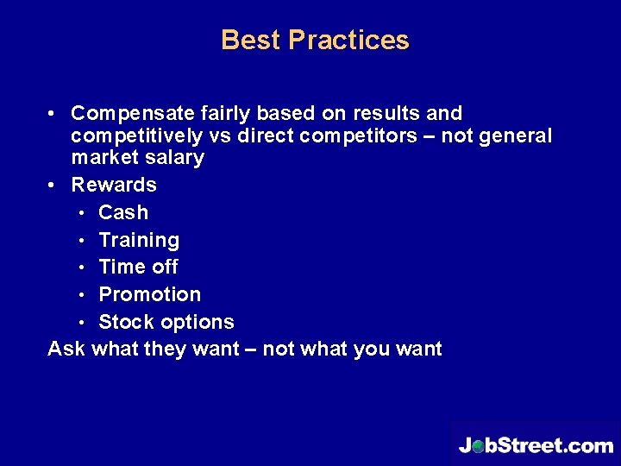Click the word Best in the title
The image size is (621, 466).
click(x=251, y=41)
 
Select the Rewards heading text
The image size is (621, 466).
click(x=114, y=185)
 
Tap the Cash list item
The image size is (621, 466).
click(x=123, y=212)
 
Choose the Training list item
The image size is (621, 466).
click(x=139, y=240)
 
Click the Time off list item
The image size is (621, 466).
click(x=138, y=267)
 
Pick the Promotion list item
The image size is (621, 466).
click(x=149, y=294)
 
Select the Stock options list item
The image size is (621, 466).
click(x=166, y=322)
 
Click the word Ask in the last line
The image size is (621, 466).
click(x=66, y=349)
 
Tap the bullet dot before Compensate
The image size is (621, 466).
click(x=53, y=114)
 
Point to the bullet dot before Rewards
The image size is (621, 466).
click(x=53, y=185)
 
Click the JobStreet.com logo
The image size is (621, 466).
click(x=535, y=444)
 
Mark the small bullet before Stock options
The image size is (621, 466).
click(x=81, y=323)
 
